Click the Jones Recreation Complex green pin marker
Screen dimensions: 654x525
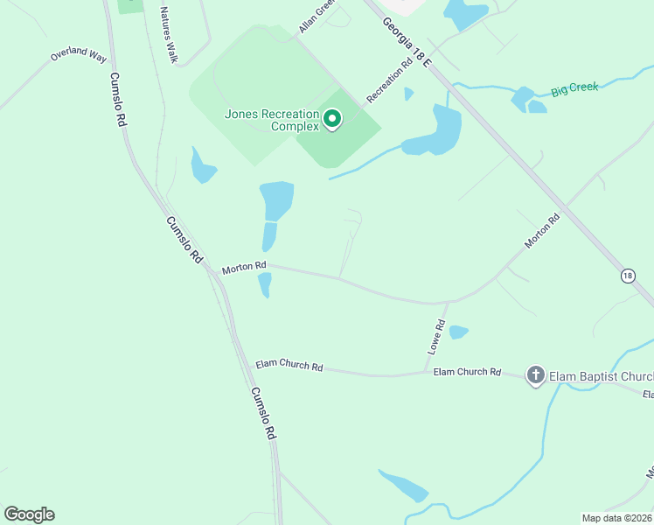coord(332,118)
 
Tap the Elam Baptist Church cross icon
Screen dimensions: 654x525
coord(535,376)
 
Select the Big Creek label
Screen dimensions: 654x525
coord(574,89)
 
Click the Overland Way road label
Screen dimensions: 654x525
coord(78,54)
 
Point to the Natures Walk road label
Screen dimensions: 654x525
coord(168,34)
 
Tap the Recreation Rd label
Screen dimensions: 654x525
coord(389,80)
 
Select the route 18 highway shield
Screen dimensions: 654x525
coord(628,276)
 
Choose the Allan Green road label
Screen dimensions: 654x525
coord(317,17)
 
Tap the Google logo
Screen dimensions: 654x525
coord(29,514)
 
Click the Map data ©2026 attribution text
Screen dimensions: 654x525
coord(617,517)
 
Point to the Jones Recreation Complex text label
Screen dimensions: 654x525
coord(272,120)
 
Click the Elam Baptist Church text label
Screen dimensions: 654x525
coord(601,377)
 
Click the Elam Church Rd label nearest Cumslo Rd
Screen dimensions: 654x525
coord(289,365)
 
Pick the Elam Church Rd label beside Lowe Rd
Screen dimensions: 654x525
coord(467,372)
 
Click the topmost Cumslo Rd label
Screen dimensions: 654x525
coord(119,101)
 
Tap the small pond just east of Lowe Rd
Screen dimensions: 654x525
coord(458,332)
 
